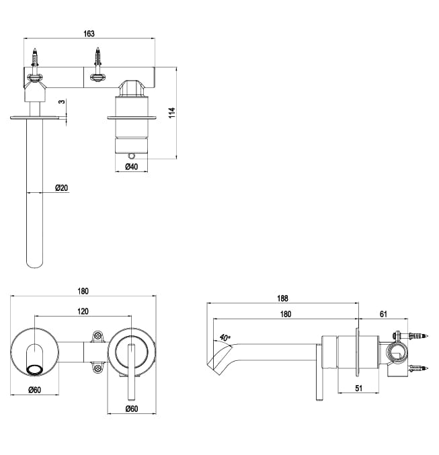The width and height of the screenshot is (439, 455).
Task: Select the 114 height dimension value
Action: pyautogui.click(x=172, y=112)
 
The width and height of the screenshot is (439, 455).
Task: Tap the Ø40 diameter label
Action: pyautogui.click(x=132, y=167)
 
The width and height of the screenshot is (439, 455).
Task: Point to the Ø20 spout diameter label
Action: pyautogui.click(x=61, y=188)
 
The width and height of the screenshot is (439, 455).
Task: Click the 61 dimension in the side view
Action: pyautogui.click(x=384, y=313)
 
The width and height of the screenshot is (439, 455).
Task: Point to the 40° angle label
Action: pyautogui.click(x=223, y=337)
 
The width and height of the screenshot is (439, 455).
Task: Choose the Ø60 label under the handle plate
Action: pyautogui.click(x=132, y=408)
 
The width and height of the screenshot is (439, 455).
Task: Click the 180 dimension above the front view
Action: pyautogui.click(x=83, y=291)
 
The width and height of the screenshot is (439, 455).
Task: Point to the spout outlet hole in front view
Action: pyautogui.click(x=34, y=367)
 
